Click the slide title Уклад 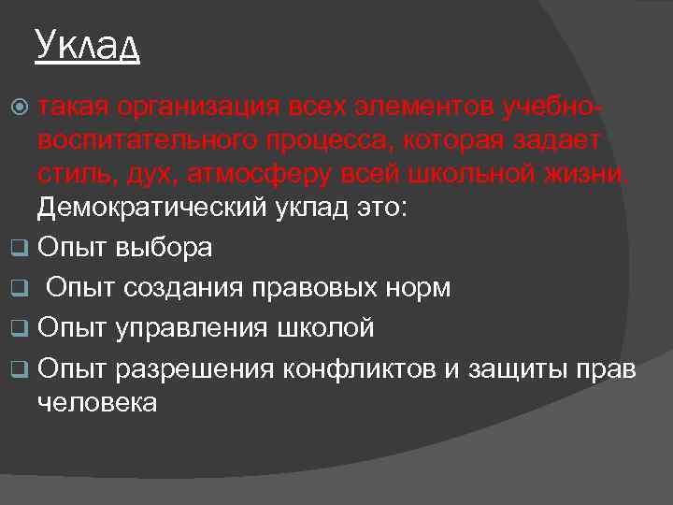(87, 44)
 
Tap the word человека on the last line (96, 402)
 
